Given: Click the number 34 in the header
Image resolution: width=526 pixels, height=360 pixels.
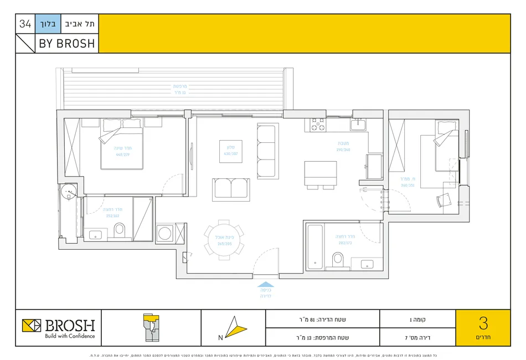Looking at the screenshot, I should [25, 24].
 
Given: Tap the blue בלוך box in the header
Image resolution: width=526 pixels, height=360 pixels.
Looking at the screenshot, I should [46, 24].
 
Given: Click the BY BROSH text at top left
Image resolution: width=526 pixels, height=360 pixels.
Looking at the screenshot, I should [66, 44].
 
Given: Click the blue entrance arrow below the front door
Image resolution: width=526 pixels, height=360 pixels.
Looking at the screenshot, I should [266, 283].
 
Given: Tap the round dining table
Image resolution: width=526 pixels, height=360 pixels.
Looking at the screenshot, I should [224, 240].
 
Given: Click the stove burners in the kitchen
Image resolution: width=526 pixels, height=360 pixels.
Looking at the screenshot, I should [318, 124].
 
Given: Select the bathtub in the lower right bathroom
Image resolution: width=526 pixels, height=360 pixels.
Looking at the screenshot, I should [314, 245].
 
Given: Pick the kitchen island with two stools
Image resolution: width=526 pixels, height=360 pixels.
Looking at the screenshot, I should [320, 174].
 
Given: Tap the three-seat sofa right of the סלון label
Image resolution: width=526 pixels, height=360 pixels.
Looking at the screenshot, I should [266, 151].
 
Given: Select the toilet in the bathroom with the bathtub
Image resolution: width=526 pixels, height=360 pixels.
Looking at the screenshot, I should [337, 259].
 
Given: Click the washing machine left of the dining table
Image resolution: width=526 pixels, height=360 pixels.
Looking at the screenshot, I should [164, 234].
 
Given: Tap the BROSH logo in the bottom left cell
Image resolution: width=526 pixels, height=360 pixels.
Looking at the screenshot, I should [59, 327].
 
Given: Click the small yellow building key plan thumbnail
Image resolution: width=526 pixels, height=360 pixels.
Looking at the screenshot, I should [151, 327].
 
